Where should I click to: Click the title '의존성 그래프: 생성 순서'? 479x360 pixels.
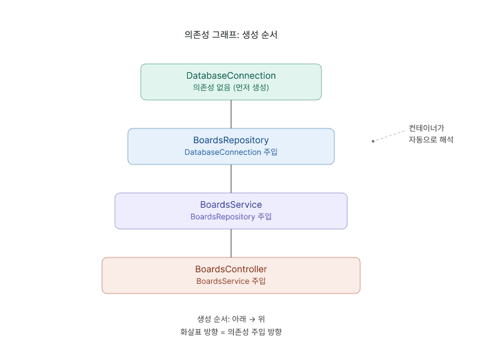tap(230, 35)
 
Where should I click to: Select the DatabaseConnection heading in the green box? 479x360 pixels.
tap(230, 75)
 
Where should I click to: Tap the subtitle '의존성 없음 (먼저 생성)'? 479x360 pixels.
tap(230, 88)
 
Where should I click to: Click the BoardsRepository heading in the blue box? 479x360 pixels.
tap(230, 140)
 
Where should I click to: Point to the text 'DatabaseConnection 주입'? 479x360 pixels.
tap(230, 152)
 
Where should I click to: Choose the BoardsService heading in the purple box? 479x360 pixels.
tap(230, 205)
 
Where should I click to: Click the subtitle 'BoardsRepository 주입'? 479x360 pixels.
tap(230, 217)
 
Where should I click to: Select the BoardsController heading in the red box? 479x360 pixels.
tap(230, 269)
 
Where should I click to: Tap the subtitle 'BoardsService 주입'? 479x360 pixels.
tap(230, 281)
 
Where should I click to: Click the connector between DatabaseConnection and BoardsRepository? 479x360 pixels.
tap(231, 114)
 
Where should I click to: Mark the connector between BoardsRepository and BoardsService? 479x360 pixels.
tap(231, 179)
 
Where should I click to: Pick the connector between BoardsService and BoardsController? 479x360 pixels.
tap(231, 243)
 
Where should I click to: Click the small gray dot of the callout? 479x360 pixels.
tap(373, 141)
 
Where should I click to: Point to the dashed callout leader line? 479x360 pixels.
tap(389, 135)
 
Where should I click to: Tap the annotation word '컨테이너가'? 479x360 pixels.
tap(426, 128)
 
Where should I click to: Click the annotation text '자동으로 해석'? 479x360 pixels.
tap(431, 139)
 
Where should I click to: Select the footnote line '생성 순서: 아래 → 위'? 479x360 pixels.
tap(230, 319)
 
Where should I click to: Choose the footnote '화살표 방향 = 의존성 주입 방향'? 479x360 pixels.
tap(230, 332)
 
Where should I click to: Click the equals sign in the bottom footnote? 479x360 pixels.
tap(223, 332)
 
